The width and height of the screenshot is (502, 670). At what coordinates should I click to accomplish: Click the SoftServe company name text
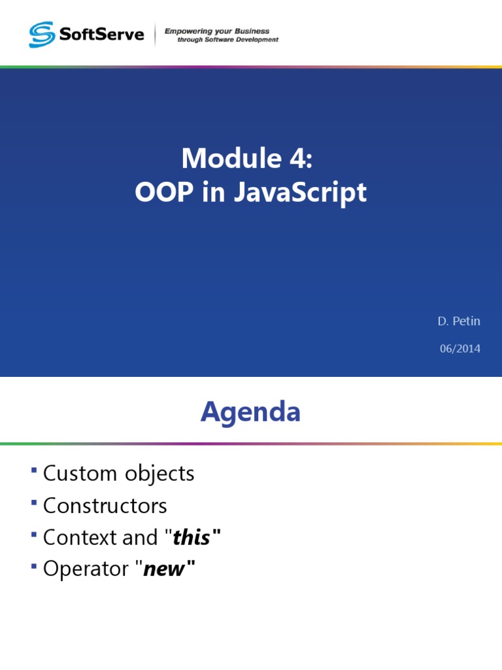(x=101, y=34)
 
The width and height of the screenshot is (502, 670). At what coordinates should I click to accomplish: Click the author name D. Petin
(x=459, y=321)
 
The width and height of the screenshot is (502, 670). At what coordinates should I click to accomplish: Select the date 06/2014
(x=460, y=349)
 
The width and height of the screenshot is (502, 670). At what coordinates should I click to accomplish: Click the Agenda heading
(x=250, y=412)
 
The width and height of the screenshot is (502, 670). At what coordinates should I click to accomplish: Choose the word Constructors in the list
(x=105, y=505)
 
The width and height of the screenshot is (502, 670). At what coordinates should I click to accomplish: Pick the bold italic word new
(x=164, y=569)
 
